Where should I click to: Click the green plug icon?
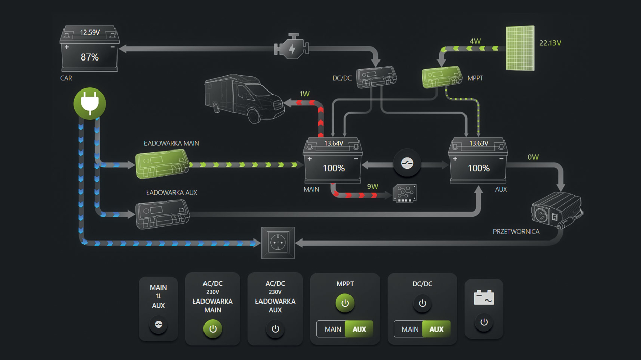point(90,104)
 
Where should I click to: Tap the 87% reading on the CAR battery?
point(90,57)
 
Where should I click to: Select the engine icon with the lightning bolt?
point(292,48)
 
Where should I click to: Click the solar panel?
point(520,48)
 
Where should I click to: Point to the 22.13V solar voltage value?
point(550,43)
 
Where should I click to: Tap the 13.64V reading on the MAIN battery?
point(333,143)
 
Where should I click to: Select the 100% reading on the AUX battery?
point(478,168)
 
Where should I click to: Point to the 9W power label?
point(373,187)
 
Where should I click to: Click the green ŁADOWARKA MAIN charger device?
point(162,164)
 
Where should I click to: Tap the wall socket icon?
point(278,243)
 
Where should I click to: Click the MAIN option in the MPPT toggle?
point(333,329)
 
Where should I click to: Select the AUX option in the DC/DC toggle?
point(436,329)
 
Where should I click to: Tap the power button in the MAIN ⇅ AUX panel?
point(158,324)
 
